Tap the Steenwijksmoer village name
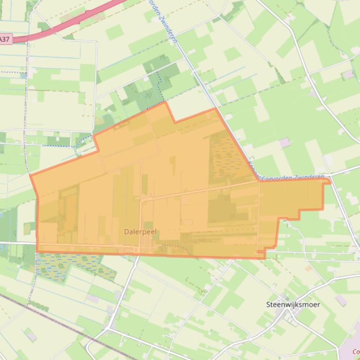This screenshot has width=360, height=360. pos(293,304)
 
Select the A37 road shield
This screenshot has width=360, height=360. pos(5,40)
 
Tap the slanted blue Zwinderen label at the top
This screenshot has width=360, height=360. pos(164,21)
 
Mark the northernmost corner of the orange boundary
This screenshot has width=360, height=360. pos(165,102)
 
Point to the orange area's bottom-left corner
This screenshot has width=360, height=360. pos(37,252)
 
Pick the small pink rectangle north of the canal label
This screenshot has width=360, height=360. pos(284,142)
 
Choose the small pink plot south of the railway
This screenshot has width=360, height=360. pos(31,335)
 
